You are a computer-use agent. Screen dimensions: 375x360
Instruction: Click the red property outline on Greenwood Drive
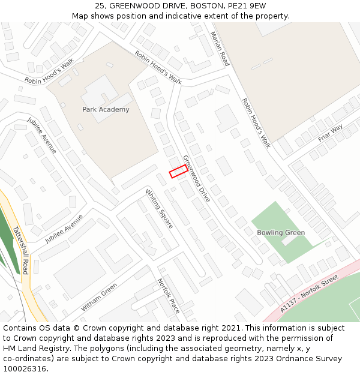(x=178, y=171)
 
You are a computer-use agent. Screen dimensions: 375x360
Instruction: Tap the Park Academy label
(x=106, y=109)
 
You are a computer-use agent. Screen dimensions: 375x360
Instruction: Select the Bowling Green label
(x=281, y=232)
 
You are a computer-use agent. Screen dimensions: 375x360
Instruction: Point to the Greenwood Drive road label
(x=197, y=178)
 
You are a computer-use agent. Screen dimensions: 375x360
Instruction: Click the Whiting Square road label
(x=160, y=208)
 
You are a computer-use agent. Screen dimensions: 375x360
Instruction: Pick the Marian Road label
(x=219, y=50)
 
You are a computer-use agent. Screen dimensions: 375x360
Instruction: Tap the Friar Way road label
(x=330, y=133)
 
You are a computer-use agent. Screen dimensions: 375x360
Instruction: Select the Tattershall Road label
(x=20, y=250)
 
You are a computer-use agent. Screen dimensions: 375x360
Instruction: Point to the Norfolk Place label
(x=169, y=296)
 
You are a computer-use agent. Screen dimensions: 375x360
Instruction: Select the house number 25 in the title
(x=100, y=6)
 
